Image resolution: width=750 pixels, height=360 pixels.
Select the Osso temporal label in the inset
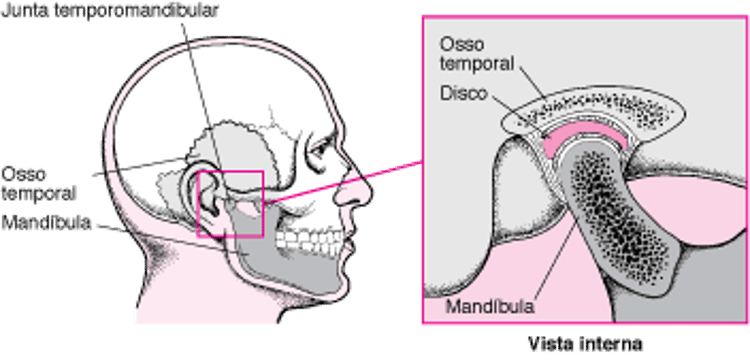(477, 55)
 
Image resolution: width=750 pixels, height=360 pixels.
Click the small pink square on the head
(230, 204)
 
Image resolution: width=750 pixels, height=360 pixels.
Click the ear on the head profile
(210, 195)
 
